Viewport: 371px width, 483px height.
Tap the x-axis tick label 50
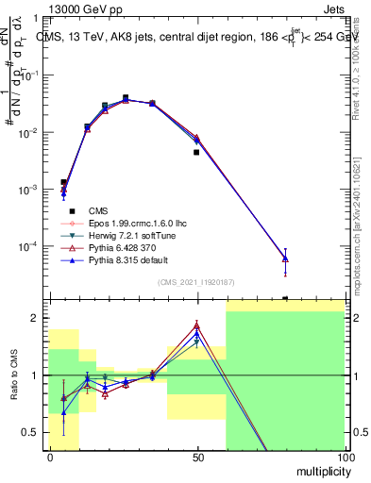(x=197, y=457)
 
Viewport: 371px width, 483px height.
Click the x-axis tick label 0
(x=50, y=457)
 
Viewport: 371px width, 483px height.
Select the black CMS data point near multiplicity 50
(x=196, y=152)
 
